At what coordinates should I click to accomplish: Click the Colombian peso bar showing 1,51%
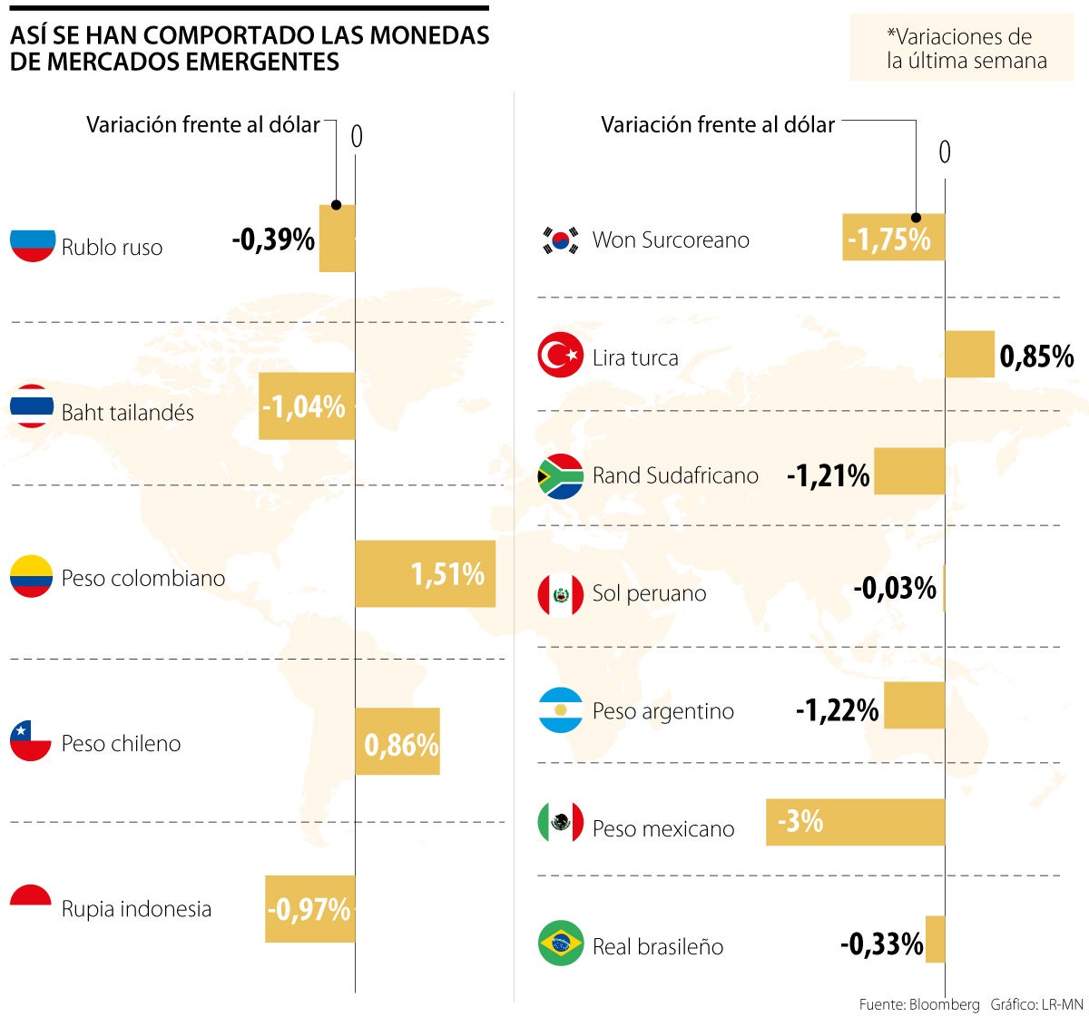pyautogui.click(x=425, y=573)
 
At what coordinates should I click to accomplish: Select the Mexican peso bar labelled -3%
pyautogui.click(x=855, y=822)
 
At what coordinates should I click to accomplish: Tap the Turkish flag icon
pyautogui.click(x=560, y=355)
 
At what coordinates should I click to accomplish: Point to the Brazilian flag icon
pyautogui.click(x=560, y=944)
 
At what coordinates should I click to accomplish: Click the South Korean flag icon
pyautogui.click(x=560, y=240)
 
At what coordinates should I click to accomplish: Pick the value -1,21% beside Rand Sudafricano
pyautogui.click(x=828, y=475)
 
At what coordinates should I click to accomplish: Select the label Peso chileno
pyautogui.click(x=121, y=744)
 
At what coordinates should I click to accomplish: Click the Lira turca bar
pyautogui.click(x=969, y=354)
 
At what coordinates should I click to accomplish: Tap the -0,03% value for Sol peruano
pyautogui.click(x=894, y=589)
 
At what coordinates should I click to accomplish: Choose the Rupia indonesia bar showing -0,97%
pyautogui.click(x=309, y=908)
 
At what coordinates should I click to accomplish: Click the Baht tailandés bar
pyautogui.click(x=307, y=406)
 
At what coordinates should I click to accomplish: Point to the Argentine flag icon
pyautogui.click(x=560, y=710)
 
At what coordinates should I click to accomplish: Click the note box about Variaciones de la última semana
pyautogui.click(x=961, y=48)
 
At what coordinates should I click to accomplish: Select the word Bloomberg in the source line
pyautogui.click(x=944, y=1004)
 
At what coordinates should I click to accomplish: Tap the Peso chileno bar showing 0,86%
pyautogui.click(x=397, y=741)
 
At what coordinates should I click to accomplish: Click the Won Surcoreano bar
pyautogui.click(x=893, y=238)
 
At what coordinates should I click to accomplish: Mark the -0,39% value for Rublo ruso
pyautogui.click(x=273, y=240)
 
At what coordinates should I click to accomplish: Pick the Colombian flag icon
pyautogui.click(x=31, y=577)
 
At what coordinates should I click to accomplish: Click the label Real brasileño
pyautogui.click(x=658, y=946)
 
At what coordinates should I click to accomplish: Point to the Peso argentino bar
pyautogui.click(x=914, y=705)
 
